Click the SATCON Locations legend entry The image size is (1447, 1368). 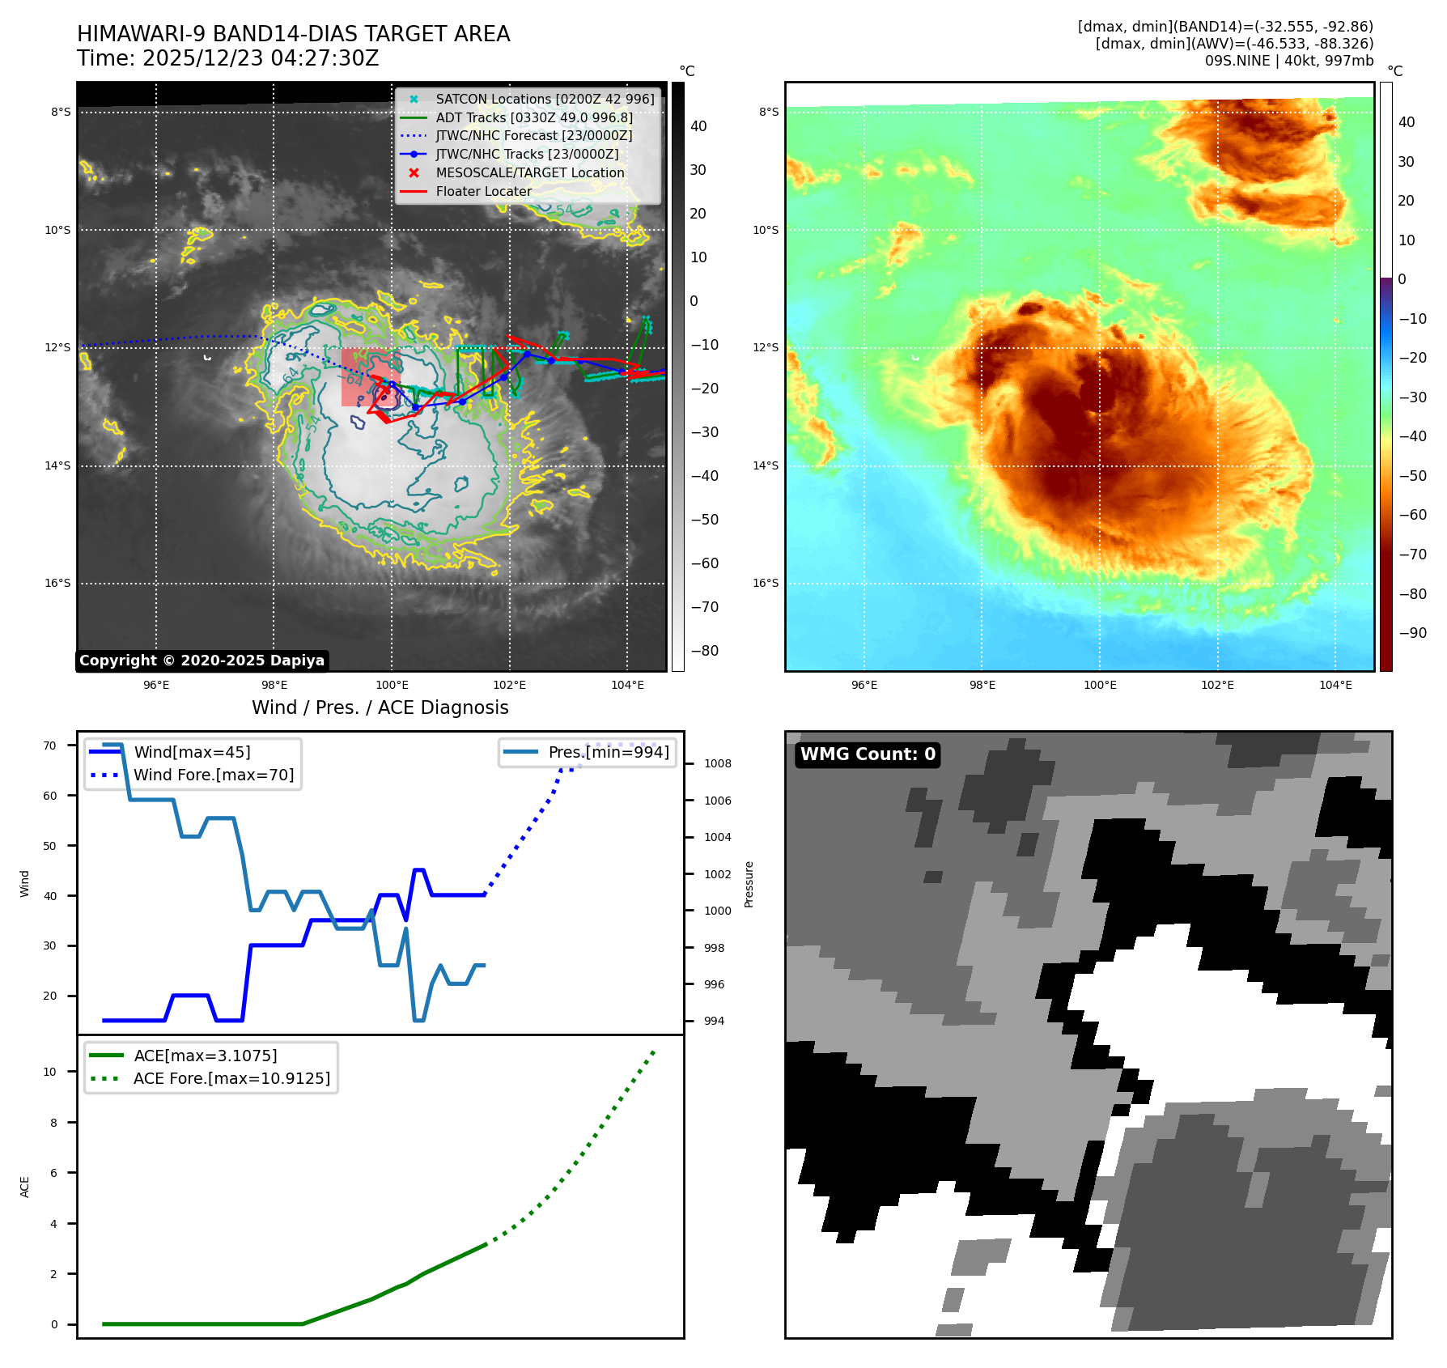tap(545, 99)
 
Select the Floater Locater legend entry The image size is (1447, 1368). tap(483, 192)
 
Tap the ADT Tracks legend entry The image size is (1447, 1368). tap(534, 117)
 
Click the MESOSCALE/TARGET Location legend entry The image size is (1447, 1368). tap(530, 173)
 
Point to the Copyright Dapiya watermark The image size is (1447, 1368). tap(202, 661)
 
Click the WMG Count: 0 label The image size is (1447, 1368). tap(868, 754)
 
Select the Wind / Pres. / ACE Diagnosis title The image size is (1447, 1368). tap(380, 708)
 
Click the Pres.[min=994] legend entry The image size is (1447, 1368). tap(609, 753)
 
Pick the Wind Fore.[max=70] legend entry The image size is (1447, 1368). tap(214, 775)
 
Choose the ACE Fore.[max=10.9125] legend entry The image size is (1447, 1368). tap(231, 1079)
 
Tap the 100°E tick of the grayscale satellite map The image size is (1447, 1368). tap(392, 686)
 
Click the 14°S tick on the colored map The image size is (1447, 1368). tap(766, 466)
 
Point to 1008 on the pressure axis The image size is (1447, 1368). tap(717, 764)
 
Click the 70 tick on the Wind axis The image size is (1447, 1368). tap(50, 746)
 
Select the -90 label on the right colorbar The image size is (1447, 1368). tap(1413, 633)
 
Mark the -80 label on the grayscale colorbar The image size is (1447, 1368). tap(705, 651)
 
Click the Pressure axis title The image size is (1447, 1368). tap(749, 884)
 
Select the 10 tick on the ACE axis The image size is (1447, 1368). tap(50, 1072)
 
